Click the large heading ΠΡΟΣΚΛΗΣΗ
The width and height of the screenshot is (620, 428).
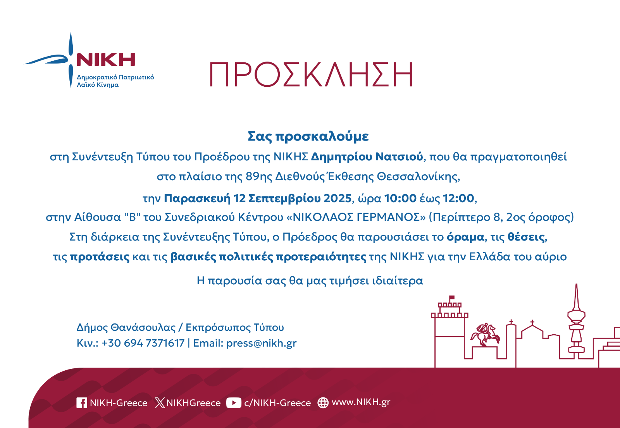pyautogui.click(x=311, y=74)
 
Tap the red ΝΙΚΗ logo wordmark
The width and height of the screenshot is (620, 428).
pyautogui.click(x=105, y=60)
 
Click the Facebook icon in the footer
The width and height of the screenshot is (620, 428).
pyautogui.click(x=82, y=403)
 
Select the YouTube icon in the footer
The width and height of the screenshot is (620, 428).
pyautogui.click(x=234, y=403)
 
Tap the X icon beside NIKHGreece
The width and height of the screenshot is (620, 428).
pyautogui.click(x=160, y=403)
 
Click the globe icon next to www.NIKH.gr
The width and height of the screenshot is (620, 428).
pyautogui.click(x=323, y=403)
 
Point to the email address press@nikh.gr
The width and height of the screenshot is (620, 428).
pyautogui.click(x=261, y=343)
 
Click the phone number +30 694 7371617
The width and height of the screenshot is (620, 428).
pyautogui.click(x=143, y=343)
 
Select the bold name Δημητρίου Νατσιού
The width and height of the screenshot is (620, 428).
pyautogui.click(x=367, y=157)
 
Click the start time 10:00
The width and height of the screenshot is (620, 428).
pyautogui.click(x=400, y=198)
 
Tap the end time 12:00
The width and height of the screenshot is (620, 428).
pyautogui.click(x=459, y=198)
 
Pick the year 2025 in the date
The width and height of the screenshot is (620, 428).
pyautogui.click(x=338, y=198)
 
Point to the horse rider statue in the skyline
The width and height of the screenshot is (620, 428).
pyautogui.click(x=485, y=335)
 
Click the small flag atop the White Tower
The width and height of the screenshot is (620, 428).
pyautogui.click(x=452, y=297)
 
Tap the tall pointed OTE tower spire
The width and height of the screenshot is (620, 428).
pyautogui.click(x=576, y=297)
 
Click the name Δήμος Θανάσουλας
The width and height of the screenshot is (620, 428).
pyautogui.click(x=126, y=328)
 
